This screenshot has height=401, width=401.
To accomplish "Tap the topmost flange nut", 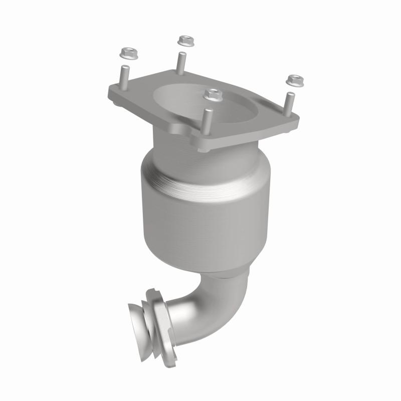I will coord(186,40).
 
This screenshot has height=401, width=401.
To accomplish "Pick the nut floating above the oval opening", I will coord(213,94).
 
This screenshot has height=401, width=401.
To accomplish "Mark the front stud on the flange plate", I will coord(207,120).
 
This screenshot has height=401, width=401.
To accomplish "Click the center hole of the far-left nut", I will coord(125,51).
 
